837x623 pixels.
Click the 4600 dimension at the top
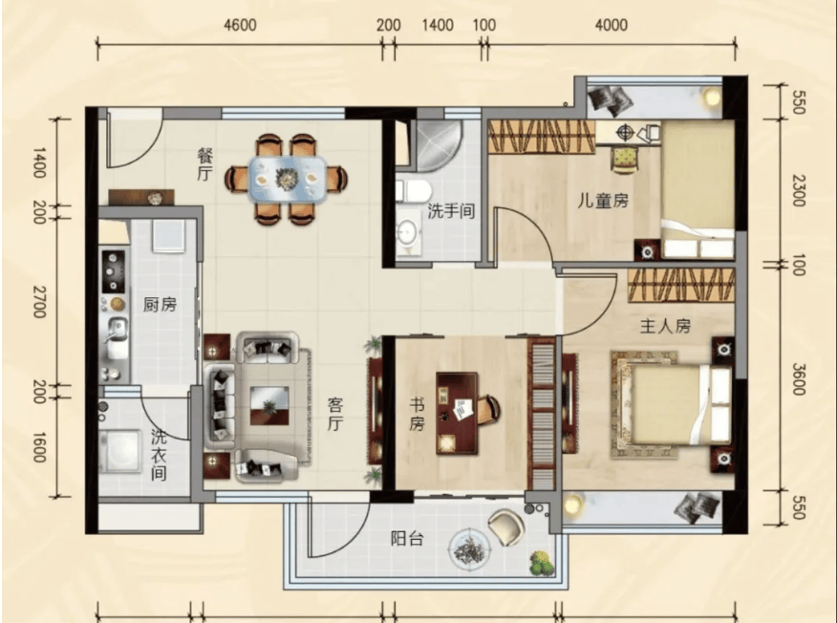coord(240,25)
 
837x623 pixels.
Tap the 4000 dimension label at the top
coord(612,25)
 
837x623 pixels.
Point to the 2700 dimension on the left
coord(40,302)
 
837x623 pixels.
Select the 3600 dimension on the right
coord(798,379)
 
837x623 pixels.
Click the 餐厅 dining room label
coord(205,165)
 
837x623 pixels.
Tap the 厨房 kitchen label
coord(160,305)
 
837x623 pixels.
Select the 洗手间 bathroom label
coord(452,211)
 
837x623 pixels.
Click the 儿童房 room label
coord(603,201)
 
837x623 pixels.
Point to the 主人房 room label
coord(665,326)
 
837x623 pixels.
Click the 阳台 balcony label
coord(407,539)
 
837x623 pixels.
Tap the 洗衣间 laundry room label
coord(159,456)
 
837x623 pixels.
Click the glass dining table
coord(289,179)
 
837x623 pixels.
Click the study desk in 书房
coord(457,413)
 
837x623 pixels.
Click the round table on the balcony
coord(469,548)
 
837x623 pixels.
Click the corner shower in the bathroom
coord(434,144)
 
